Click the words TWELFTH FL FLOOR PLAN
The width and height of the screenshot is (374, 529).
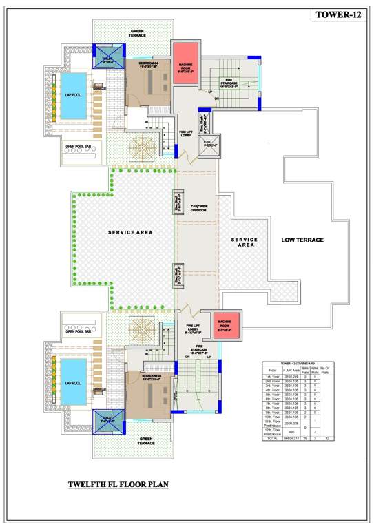[118, 484]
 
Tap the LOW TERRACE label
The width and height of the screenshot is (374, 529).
[303, 240]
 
